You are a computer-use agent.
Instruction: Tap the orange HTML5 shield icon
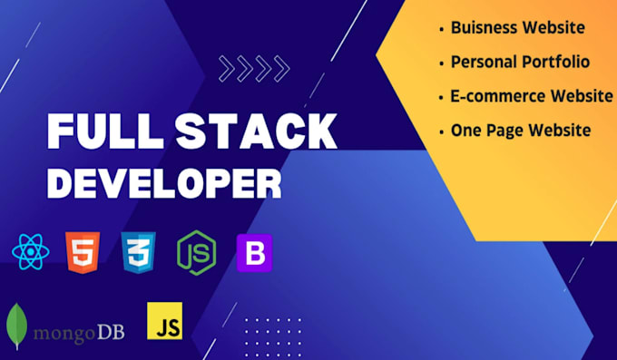click(x=83, y=250)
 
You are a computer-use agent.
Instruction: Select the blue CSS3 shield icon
click(x=138, y=250)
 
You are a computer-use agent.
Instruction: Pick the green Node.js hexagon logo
click(x=196, y=251)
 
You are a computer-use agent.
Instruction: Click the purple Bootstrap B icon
click(x=254, y=252)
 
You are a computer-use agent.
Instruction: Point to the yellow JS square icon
click(x=164, y=322)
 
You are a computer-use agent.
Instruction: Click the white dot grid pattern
click(x=272, y=331)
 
